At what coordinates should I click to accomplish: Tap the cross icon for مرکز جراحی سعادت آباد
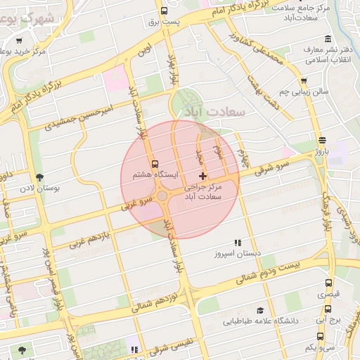click(203, 175)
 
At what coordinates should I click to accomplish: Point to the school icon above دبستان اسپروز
click(237, 242)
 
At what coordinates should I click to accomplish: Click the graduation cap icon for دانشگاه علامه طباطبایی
click(259, 310)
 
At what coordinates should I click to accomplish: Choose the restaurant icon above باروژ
click(321, 140)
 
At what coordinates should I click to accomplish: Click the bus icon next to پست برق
click(164, 11)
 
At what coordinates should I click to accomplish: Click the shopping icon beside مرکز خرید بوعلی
click(6, 52)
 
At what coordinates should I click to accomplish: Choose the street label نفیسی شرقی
click(169, 344)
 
